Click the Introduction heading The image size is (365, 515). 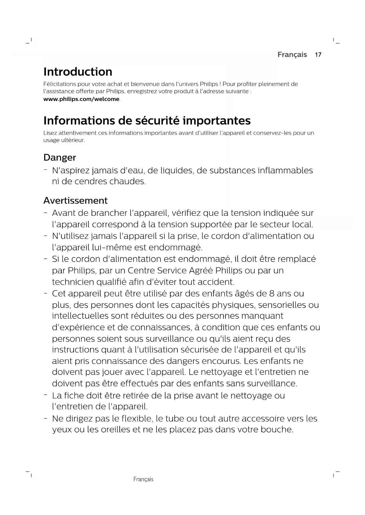(x=78, y=72)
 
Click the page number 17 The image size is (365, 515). (x=318, y=55)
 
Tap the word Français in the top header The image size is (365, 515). (x=292, y=55)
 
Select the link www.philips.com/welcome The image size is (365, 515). (x=81, y=99)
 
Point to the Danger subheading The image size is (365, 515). (x=60, y=158)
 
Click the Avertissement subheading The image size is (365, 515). (x=75, y=201)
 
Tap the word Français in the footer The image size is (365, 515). (x=143, y=479)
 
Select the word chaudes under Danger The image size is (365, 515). (x=127, y=182)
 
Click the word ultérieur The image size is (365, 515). (x=73, y=140)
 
